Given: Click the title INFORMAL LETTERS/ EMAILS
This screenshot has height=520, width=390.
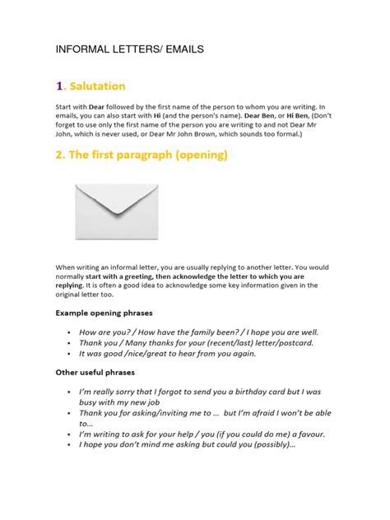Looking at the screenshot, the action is [x=129, y=50].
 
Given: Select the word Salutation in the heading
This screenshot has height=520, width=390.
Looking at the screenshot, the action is [x=98, y=86].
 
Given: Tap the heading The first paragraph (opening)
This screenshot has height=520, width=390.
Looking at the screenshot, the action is [x=141, y=155].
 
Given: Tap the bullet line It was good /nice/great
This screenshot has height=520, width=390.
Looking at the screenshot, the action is [x=167, y=354].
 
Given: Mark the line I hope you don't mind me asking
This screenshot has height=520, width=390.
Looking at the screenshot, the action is [x=186, y=445].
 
